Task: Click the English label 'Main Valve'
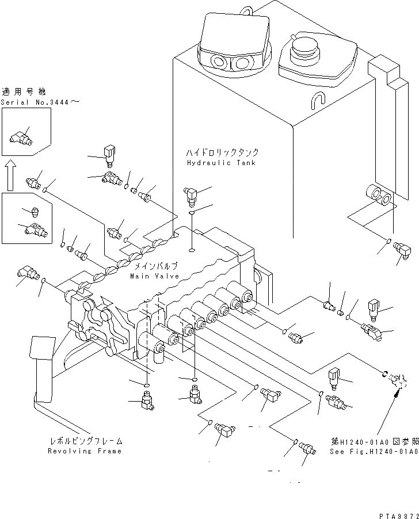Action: pyautogui.click(x=154, y=276)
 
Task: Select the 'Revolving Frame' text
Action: pyautogui.click(x=85, y=451)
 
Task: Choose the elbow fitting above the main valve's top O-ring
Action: pyautogui.click(x=189, y=195)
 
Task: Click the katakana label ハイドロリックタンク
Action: pyautogui.click(x=222, y=152)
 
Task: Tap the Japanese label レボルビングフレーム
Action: pyautogui.click(x=85, y=441)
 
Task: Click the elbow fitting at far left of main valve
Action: pyautogui.click(x=25, y=273)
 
